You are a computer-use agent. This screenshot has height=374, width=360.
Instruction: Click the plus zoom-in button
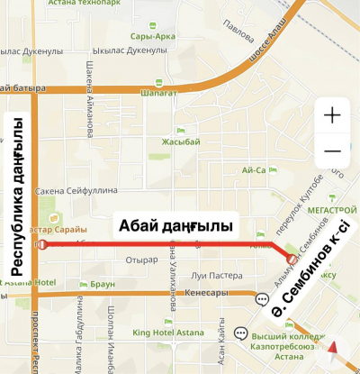pos(332,115)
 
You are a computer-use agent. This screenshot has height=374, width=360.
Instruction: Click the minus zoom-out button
pos(332,151)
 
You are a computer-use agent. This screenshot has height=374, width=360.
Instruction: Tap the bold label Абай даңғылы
pos(175,224)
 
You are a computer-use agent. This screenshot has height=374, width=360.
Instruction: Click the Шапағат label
pos(156,91)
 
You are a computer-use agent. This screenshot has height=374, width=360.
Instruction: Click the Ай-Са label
pos(254,169)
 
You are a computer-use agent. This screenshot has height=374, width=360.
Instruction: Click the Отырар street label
pos(142,260)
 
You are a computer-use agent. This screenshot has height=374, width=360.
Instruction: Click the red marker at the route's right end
pos(291,259)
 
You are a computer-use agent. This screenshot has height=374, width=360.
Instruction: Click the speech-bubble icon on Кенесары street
pos(262,298)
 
